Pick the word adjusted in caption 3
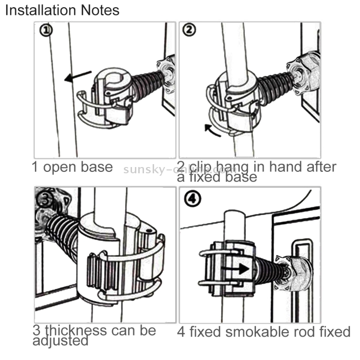coord(60,341)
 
